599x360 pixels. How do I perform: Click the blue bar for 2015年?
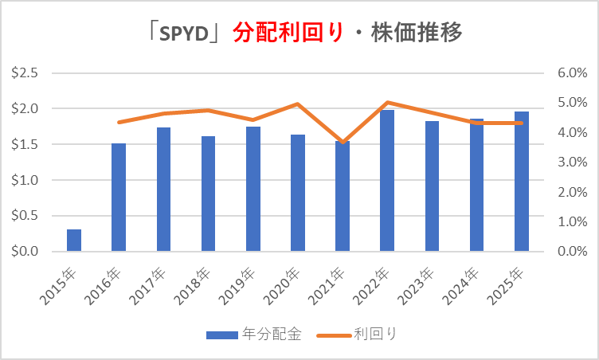click(x=74, y=241)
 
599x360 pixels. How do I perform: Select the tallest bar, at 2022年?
click(x=387, y=181)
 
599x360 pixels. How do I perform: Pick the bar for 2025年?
click(x=522, y=182)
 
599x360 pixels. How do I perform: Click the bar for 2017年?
click(x=163, y=190)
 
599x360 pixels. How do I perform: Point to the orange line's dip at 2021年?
click(x=343, y=143)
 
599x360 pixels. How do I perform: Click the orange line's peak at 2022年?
click(x=387, y=102)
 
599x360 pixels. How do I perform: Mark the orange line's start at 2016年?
click(x=119, y=122)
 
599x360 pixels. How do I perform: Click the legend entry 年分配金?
click(x=254, y=335)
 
